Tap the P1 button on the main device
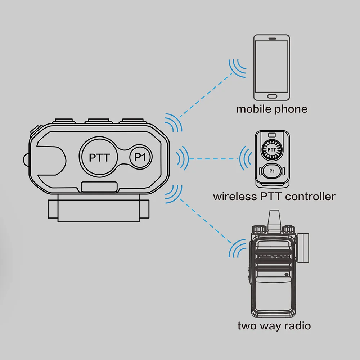[x=141, y=157]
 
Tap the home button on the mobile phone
[x=272, y=96]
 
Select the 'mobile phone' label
[x=272, y=109]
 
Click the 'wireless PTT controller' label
[x=274, y=197]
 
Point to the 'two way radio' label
[x=274, y=326]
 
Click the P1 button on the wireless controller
[x=272, y=171]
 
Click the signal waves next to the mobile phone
[x=237, y=67]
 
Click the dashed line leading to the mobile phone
[x=206, y=94]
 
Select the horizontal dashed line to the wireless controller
[x=214, y=158]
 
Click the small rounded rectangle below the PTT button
[x=99, y=187]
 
